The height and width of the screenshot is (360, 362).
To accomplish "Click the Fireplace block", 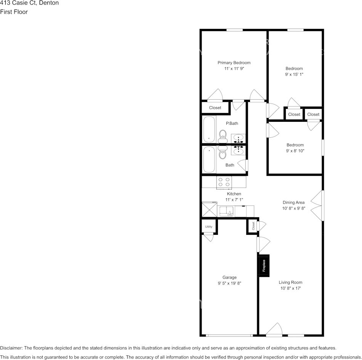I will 264,265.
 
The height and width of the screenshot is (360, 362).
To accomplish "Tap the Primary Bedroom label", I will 234,63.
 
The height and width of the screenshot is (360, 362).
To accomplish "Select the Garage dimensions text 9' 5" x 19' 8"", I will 229,283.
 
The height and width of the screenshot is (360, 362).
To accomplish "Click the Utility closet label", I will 208,227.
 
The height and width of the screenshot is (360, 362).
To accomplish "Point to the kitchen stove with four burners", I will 224,182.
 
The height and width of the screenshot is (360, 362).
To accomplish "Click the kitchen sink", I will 226,211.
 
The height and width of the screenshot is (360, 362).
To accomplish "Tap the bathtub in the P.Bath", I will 209,129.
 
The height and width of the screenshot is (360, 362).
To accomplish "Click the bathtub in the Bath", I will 209,159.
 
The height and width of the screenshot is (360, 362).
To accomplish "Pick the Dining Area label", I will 293,202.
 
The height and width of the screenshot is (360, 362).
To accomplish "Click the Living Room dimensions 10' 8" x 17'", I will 290,288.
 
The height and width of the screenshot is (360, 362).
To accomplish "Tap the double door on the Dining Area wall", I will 318,205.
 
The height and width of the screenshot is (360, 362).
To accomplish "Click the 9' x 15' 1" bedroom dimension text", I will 294,75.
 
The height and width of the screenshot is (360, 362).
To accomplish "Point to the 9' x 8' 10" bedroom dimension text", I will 295,151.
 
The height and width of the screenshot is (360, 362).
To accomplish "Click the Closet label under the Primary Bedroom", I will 215,108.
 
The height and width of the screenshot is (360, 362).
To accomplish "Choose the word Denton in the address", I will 48,3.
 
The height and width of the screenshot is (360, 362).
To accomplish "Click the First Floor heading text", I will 14,12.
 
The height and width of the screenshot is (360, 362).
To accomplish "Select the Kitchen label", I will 234,194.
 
